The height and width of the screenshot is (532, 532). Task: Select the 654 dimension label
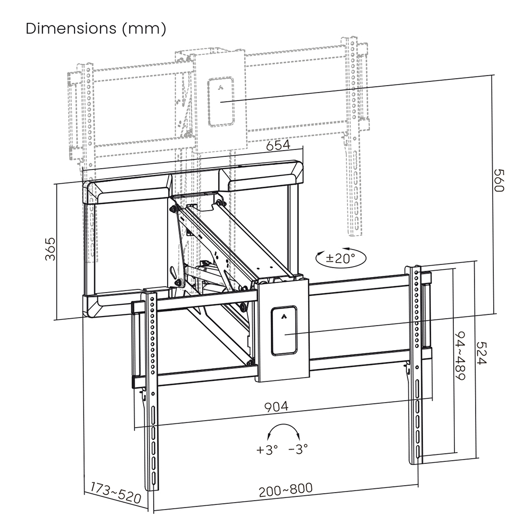278,145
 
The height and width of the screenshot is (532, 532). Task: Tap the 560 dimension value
498,181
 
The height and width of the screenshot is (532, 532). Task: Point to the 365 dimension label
49,248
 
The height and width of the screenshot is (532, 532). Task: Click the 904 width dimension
277,406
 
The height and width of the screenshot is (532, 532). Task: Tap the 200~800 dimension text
286,488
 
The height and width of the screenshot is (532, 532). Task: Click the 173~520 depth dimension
115,493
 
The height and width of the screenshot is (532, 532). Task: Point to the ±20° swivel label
340,259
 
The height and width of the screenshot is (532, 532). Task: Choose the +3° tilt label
267,450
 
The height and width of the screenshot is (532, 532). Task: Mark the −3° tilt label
298,450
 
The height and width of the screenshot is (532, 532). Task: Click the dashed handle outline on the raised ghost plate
221,102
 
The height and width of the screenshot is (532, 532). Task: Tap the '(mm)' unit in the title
144,29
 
